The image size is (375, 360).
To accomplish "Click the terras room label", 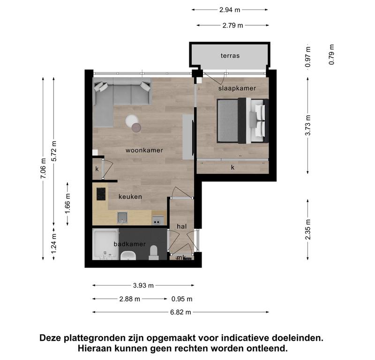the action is tap(230, 56).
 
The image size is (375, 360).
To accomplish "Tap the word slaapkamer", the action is tap(237, 89).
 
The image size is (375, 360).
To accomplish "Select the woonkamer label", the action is tap(144, 150).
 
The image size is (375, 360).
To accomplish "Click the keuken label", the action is tap(130, 196).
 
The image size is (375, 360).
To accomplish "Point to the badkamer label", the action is tap(130, 244).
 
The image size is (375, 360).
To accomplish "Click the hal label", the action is tap(182, 226).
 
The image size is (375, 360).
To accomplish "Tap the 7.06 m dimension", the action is tap(43, 169).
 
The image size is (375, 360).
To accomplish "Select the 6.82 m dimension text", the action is tap(180, 312).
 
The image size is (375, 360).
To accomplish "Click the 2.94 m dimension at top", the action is tap(230, 10).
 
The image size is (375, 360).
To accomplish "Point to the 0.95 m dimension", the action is tap(182, 299).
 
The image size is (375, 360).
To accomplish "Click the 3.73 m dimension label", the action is tap(308, 125).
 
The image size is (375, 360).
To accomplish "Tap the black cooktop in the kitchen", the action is tap(101, 194).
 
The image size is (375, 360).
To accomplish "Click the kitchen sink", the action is tap(122, 217).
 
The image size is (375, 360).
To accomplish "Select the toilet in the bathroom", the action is tap(154, 253).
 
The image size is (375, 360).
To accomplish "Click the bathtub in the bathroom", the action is tap(105, 244).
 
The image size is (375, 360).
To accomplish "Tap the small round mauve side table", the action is tap(136, 127).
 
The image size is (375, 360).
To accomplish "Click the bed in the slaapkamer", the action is tap(242, 120).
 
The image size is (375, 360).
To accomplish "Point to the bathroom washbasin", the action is tap(128, 256).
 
